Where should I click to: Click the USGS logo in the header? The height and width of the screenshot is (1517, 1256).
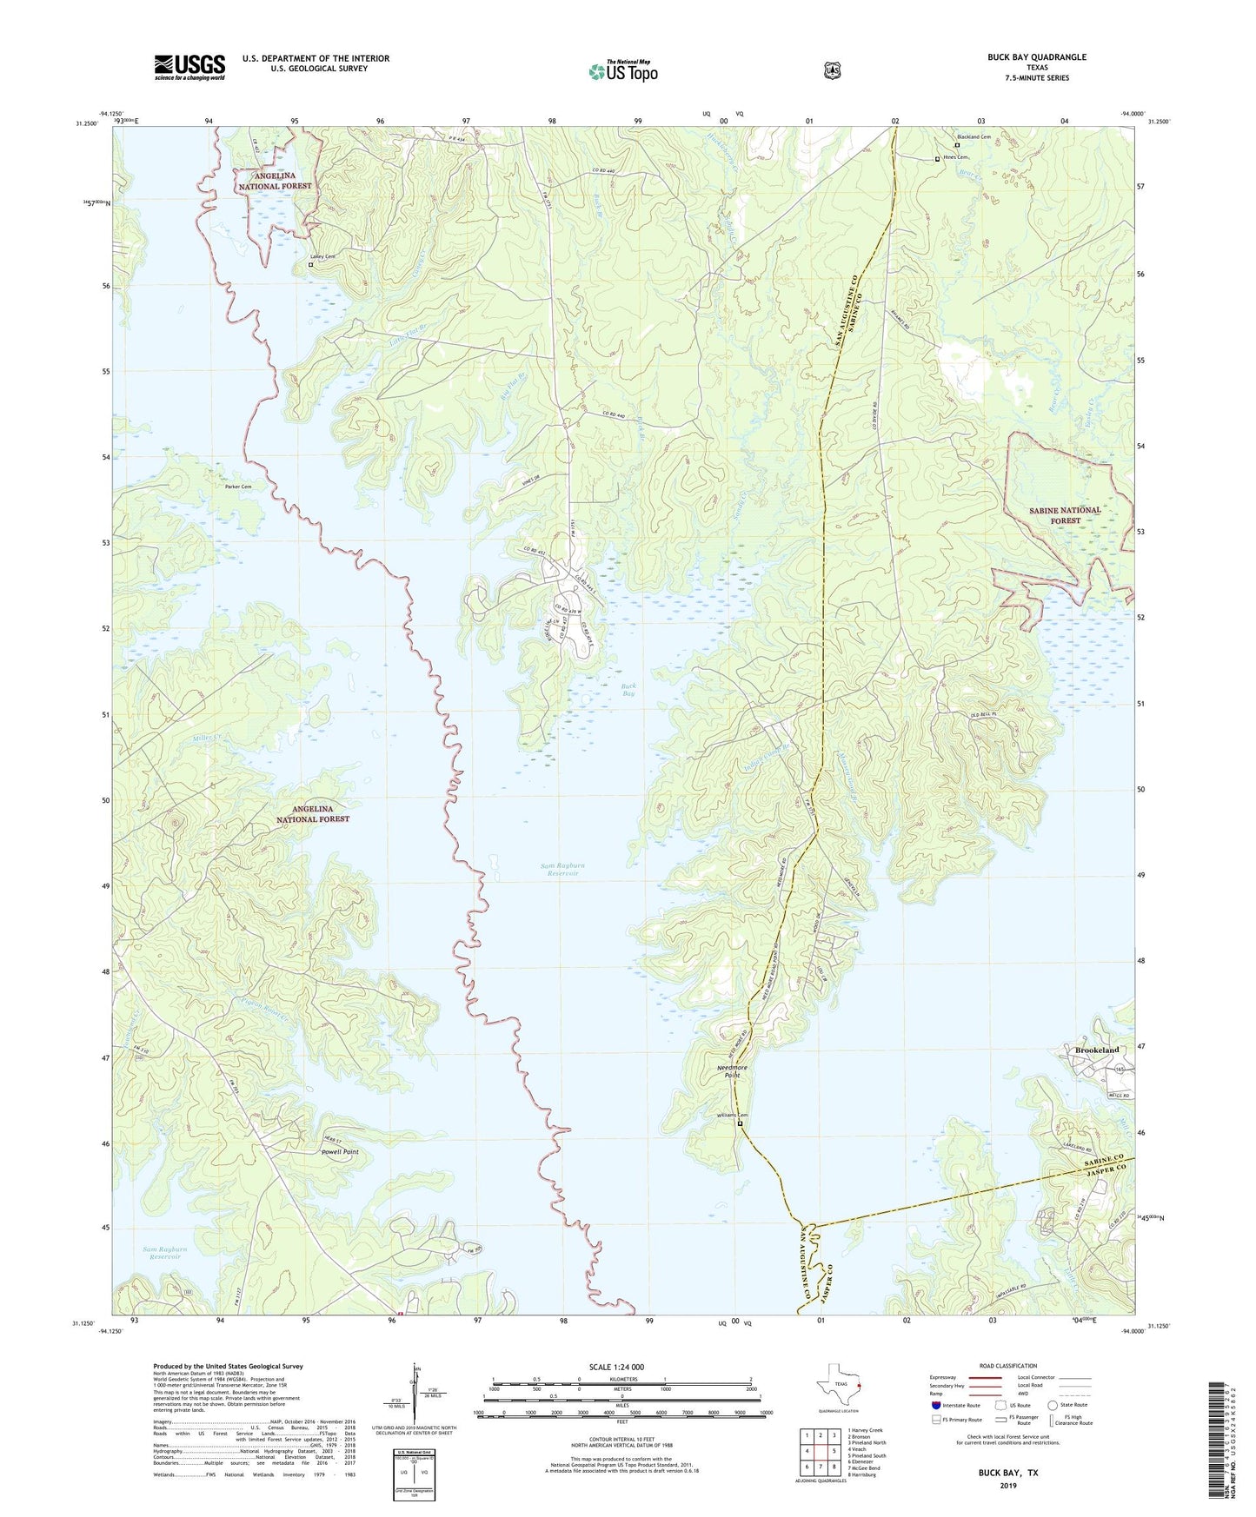(189, 66)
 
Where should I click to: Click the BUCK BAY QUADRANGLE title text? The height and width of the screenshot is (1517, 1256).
(1036, 57)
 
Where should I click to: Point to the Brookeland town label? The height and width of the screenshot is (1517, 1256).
(1092, 1050)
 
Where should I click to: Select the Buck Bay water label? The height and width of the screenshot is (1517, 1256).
(628, 690)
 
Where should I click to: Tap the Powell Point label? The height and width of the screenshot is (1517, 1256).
(339, 1152)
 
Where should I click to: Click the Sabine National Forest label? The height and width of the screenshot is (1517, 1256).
(1065, 514)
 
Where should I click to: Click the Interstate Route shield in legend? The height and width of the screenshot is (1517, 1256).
(935, 1405)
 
